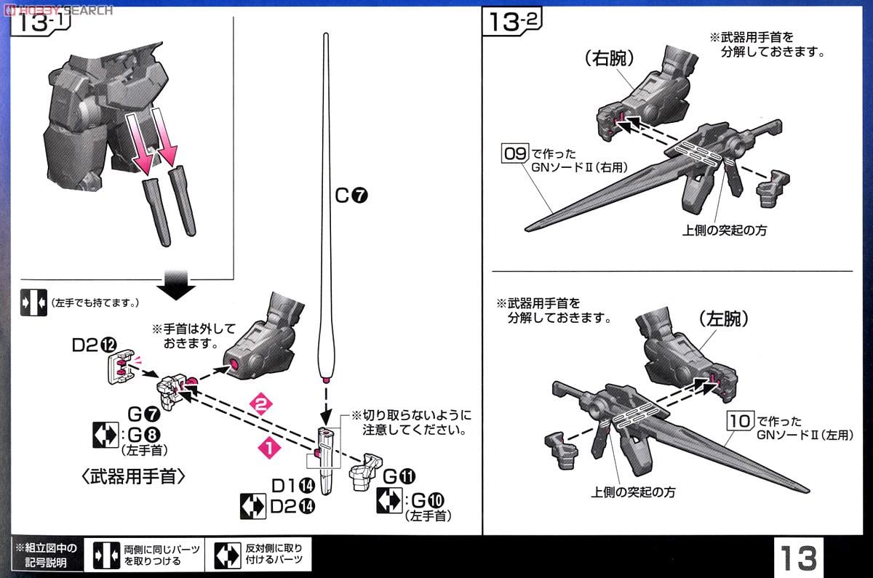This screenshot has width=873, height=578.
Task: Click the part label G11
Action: pyautogui.click(x=399, y=475)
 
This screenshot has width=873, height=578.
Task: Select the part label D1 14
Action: pyautogui.click(x=294, y=485)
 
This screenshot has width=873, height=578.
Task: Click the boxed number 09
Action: pyautogui.click(x=514, y=153)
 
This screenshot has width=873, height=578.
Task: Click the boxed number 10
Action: pyautogui.click(x=740, y=421)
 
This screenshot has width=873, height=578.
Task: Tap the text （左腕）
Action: pyautogui.click(x=723, y=318)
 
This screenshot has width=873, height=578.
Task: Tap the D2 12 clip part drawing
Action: pyautogui.click(x=122, y=367)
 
